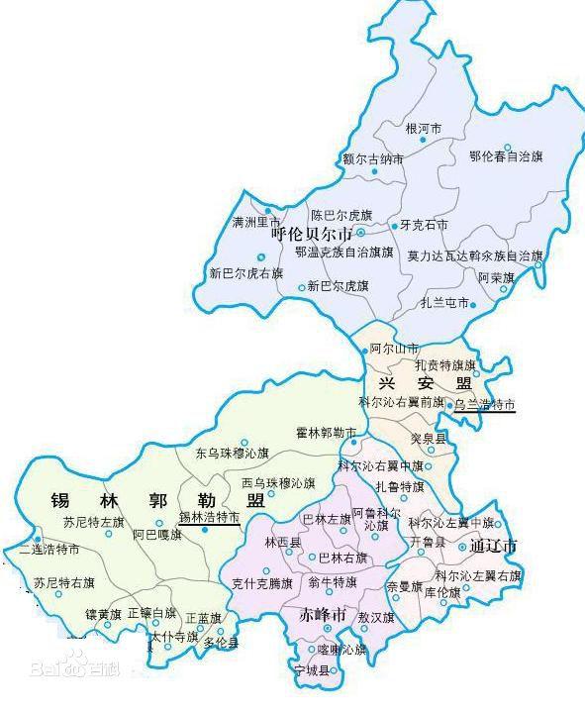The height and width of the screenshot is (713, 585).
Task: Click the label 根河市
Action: point(424,129)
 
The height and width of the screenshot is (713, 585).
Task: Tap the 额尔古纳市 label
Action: point(373,158)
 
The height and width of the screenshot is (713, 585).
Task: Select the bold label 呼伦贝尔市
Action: point(312,236)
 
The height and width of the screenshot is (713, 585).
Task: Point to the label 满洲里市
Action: point(256,222)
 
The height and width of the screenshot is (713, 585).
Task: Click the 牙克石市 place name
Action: point(424,226)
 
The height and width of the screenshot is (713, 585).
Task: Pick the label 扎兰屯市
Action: point(444,303)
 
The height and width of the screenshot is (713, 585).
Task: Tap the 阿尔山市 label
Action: point(394,350)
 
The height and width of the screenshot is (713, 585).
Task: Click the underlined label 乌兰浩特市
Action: point(485,405)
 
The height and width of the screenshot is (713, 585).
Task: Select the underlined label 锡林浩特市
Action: point(209,517)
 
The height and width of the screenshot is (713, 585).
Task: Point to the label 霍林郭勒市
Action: point(327,433)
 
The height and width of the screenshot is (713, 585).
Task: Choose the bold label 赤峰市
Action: point(324,615)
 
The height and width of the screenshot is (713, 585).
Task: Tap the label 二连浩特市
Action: point(49,550)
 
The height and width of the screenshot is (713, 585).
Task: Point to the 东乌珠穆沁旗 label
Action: point(233,454)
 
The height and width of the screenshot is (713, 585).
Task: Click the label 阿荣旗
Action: point(496,277)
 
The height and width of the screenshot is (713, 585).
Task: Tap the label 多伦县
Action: point(222,642)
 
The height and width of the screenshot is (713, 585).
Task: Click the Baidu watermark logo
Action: point(74,670)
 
